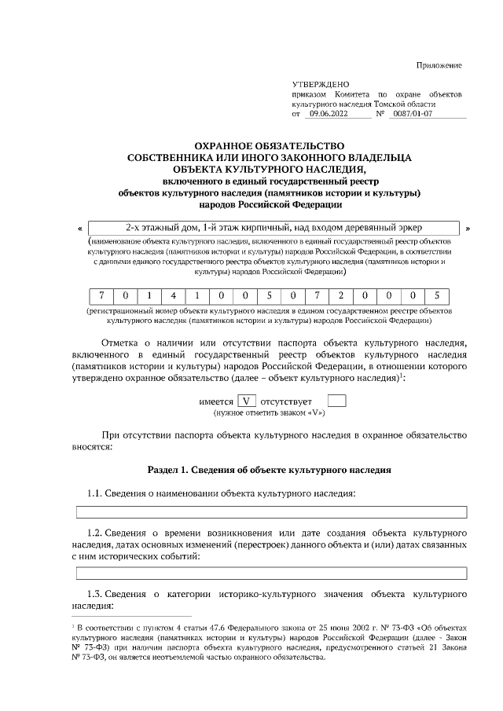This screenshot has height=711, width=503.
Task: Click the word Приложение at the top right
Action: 439,65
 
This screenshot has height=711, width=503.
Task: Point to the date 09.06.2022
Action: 325,113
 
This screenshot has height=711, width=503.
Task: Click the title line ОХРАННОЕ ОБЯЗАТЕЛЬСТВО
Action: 269,145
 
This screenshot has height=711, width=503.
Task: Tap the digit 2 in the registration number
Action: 342,296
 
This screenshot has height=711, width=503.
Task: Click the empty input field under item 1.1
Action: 271,512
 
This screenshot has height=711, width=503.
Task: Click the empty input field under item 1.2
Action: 271,573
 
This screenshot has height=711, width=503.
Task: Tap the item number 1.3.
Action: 94,594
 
